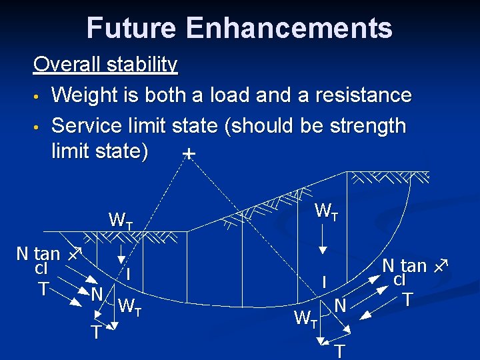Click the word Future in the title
click(131, 28)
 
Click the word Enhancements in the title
click(289, 28)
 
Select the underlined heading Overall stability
click(105, 65)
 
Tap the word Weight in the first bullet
click(89, 95)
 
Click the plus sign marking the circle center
click(189, 154)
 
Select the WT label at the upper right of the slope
click(326, 212)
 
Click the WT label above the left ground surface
click(121, 220)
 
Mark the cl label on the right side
click(400, 280)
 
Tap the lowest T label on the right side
click(340, 351)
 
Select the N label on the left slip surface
click(96, 294)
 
